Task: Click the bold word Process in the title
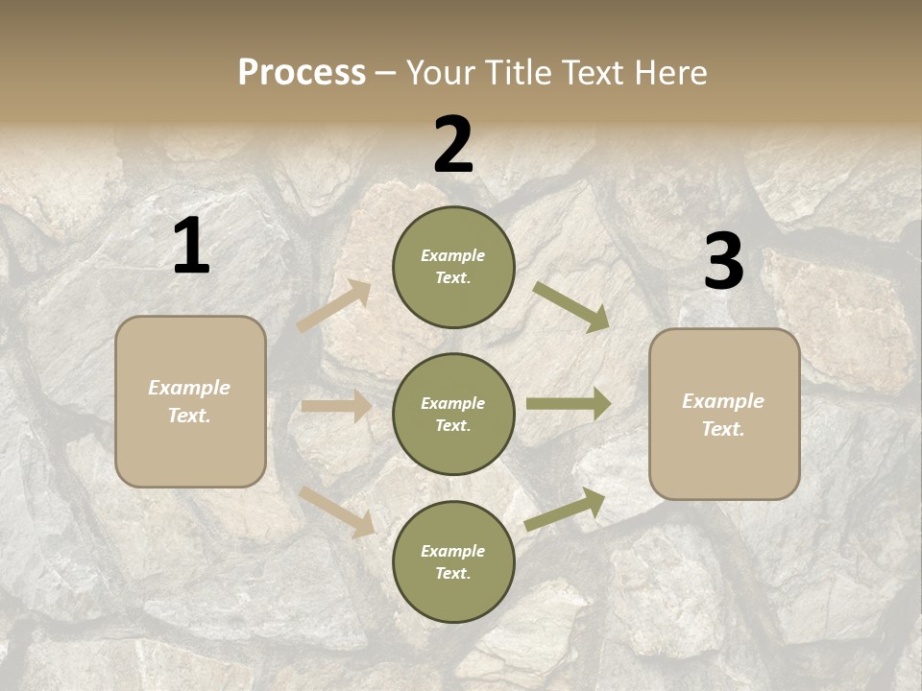tap(302, 73)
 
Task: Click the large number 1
tap(191, 247)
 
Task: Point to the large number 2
tap(453, 145)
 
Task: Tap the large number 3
tap(723, 261)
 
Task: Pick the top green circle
tap(453, 267)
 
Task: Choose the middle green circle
tap(453, 414)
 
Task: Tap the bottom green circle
tap(453, 561)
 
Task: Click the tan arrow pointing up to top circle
tap(334, 306)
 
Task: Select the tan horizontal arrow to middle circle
tap(336, 406)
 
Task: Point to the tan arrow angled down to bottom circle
tap(336, 512)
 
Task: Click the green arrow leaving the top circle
tap(571, 306)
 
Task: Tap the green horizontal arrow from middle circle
tap(569, 404)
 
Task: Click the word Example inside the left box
tap(189, 388)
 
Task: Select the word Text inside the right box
tap(722, 429)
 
